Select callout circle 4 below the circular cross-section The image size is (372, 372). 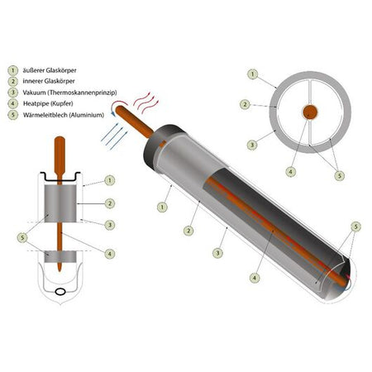pos(289,171)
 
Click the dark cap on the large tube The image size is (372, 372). pos(163,142)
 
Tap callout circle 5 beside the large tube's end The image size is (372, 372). pos(355,226)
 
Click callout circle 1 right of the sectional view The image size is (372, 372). pos(111,179)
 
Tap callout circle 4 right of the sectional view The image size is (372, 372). pos(111,252)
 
